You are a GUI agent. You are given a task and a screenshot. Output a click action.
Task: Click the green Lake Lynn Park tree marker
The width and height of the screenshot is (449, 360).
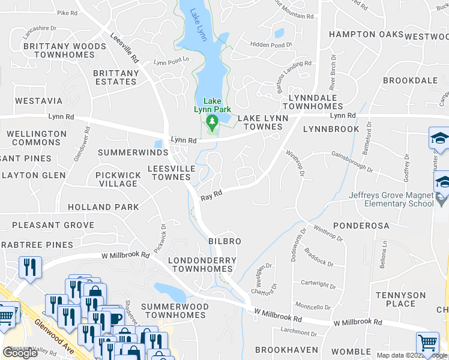211,124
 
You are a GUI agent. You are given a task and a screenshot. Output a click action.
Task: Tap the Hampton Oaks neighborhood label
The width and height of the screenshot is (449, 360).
366,35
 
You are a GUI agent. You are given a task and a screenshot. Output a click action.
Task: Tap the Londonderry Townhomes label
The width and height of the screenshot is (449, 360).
202,265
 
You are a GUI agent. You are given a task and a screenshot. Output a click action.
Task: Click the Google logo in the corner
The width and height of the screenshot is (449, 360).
20,353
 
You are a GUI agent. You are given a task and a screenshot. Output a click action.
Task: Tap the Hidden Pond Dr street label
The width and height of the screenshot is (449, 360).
271,44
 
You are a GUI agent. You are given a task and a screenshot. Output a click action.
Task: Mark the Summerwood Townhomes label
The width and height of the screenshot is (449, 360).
175,311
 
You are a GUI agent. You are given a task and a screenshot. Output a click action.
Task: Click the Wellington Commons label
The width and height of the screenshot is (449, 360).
37,138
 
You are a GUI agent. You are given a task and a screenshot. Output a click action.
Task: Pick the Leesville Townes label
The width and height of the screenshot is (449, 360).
171,173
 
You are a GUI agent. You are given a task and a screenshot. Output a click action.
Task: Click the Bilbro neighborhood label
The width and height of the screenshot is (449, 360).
224,241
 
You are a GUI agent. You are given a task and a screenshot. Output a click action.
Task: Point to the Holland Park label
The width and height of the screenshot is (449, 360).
103,207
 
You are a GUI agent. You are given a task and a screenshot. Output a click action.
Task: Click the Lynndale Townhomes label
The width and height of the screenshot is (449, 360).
316,102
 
